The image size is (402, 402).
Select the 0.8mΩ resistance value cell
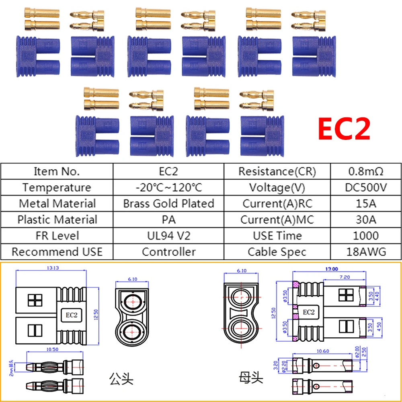click(365, 172)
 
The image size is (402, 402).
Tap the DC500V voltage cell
click(366, 187)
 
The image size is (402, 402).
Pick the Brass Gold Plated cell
click(168, 203)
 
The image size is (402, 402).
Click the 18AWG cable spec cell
click(366, 252)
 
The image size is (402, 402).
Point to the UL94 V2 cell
click(168, 236)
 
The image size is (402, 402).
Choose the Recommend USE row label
click(57, 252)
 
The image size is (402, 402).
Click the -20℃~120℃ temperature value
click(168, 187)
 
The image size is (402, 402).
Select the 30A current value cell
click(366, 219)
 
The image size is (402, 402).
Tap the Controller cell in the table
click(168, 252)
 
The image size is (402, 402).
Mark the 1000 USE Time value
click(366, 236)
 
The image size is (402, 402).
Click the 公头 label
click(121, 379)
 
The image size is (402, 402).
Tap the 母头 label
click(251, 378)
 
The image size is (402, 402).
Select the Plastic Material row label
click(57, 219)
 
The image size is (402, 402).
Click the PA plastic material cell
click(168, 219)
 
